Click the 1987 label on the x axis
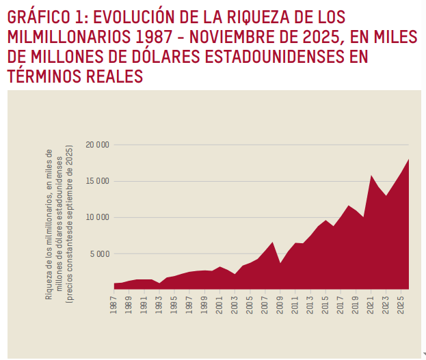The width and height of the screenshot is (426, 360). [x=114, y=301]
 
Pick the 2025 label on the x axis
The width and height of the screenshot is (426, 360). [x=401, y=301]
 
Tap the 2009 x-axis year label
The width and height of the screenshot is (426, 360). [x=280, y=301]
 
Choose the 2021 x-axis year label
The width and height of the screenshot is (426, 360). [x=371, y=301]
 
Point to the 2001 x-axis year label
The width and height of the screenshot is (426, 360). [x=219, y=301]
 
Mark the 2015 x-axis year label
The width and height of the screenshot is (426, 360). [x=325, y=301]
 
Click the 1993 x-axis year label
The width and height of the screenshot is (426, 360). [x=159, y=301]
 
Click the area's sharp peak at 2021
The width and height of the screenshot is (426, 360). [x=371, y=176]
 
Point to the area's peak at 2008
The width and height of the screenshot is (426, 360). [x=272, y=243]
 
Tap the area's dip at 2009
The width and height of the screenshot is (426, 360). [x=280, y=263]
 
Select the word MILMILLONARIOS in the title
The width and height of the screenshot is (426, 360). [x=69, y=36]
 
